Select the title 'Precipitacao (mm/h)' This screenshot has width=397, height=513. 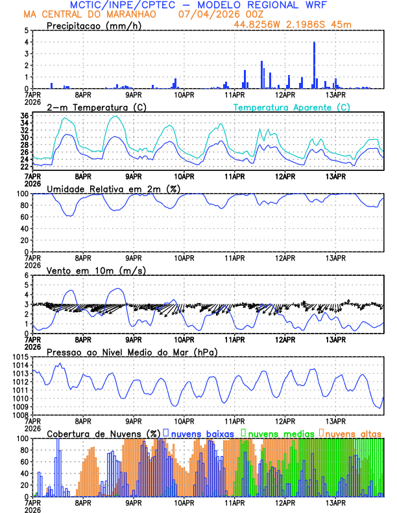(x=93, y=26)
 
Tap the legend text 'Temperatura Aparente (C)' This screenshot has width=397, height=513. (x=291, y=107)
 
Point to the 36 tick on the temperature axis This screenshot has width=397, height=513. (x=24, y=116)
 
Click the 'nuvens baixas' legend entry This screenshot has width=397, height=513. (x=193, y=433)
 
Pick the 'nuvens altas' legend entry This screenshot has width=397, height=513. (x=352, y=433)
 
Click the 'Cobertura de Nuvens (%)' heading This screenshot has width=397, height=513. (x=104, y=433)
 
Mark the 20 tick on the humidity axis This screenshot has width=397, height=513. (x=24, y=240)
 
